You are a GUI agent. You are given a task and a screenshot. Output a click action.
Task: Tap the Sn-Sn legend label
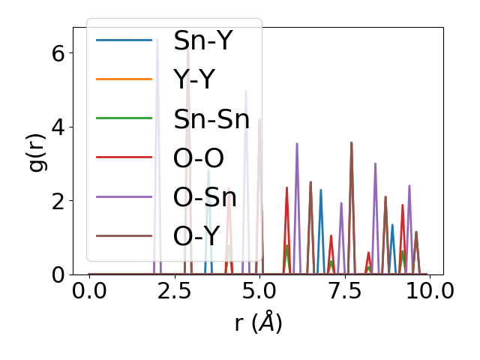pyautogui.click(x=211, y=118)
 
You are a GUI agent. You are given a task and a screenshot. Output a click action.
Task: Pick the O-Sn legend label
pyautogui.click(x=205, y=197)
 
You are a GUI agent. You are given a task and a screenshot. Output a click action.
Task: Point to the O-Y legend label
pyautogui.click(x=199, y=236)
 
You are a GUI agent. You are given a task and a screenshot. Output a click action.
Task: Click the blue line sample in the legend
pyautogui.click(x=124, y=40)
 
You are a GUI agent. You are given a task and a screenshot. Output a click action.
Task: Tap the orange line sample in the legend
pyautogui.click(x=124, y=79)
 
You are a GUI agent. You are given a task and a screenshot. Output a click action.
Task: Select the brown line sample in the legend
pyautogui.click(x=124, y=236)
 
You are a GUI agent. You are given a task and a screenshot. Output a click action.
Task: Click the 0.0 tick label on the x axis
pyautogui.click(x=89, y=292)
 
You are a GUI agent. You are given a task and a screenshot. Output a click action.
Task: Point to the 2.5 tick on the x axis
pyautogui.click(x=174, y=292)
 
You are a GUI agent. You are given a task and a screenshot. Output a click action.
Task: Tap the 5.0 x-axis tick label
pyautogui.click(x=259, y=292)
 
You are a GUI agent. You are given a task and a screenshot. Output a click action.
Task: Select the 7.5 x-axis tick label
pyautogui.click(x=344, y=292)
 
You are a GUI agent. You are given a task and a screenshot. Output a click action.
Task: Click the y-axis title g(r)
pyautogui.click(x=37, y=151)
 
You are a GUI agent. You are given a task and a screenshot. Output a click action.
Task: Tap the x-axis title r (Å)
pyautogui.click(x=258, y=323)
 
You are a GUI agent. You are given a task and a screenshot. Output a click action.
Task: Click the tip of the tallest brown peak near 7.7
pyautogui.click(x=351, y=142)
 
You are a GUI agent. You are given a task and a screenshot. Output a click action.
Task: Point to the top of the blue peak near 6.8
pyautogui.click(x=321, y=190)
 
